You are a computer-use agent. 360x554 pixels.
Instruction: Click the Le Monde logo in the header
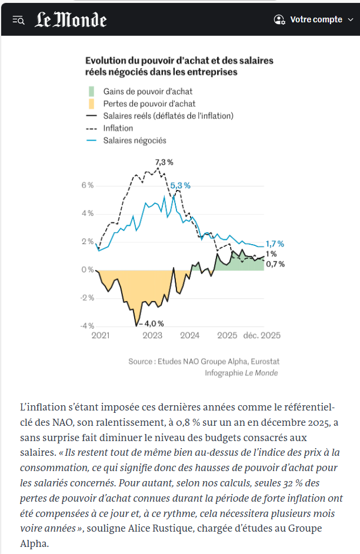click(x=71, y=20)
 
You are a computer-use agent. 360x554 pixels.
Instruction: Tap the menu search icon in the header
click(x=18, y=20)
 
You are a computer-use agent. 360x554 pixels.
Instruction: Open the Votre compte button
click(x=315, y=19)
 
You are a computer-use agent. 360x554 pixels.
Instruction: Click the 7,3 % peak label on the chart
click(x=164, y=162)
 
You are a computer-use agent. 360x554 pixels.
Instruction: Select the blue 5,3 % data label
click(x=180, y=185)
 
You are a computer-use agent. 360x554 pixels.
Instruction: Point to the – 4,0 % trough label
click(x=151, y=323)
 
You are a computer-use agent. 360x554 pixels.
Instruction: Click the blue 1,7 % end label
click(x=275, y=243)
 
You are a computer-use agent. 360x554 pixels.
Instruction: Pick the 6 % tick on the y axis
click(x=87, y=185)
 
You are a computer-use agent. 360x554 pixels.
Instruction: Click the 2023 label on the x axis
click(x=152, y=336)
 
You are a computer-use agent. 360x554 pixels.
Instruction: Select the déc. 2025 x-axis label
click(x=262, y=336)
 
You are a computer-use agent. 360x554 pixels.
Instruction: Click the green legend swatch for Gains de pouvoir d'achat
click(x=91, y=91)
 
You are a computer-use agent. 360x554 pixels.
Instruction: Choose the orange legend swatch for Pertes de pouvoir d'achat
click(x=91, y=104)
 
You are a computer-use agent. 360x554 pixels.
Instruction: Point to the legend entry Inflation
click(x=118, y=128)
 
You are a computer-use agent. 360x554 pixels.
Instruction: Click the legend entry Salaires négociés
click(x=134, y=141)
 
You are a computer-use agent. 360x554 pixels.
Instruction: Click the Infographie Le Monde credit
click(x=241, y=373)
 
